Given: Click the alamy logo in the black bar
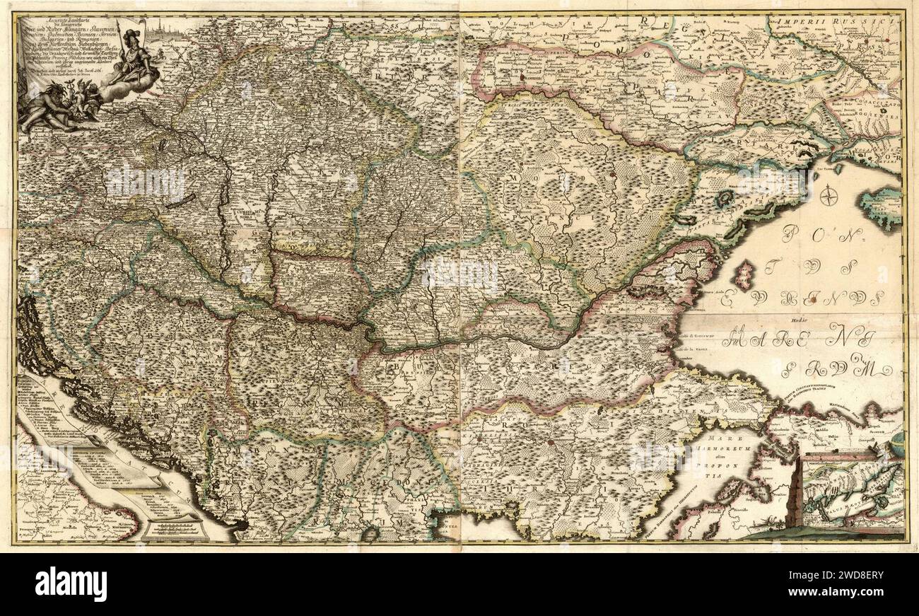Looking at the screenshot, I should (71, 584).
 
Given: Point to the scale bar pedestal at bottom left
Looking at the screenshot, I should (173, 527).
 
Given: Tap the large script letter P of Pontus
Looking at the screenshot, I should (791, 233).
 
